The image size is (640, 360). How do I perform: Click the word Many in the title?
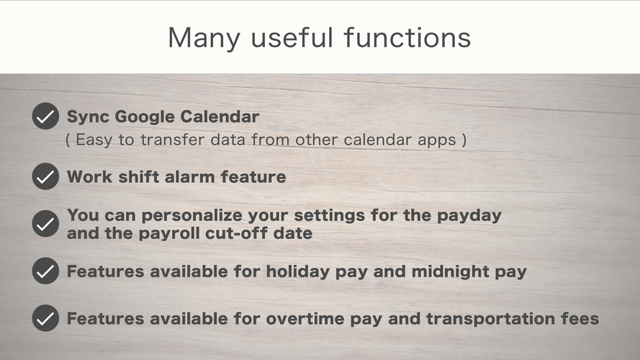pos(204,38)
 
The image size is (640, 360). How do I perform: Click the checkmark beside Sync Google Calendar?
pos(46,117)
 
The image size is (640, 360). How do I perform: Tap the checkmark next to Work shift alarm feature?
pos(46,176)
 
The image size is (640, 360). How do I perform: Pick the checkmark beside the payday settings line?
pos(46,224)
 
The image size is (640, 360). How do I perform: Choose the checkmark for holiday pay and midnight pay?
pos(46,271)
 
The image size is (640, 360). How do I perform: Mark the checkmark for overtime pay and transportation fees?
pos(46,318)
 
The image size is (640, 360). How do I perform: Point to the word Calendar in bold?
pos(220,117)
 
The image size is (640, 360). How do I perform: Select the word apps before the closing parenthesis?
pos(437,140)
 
